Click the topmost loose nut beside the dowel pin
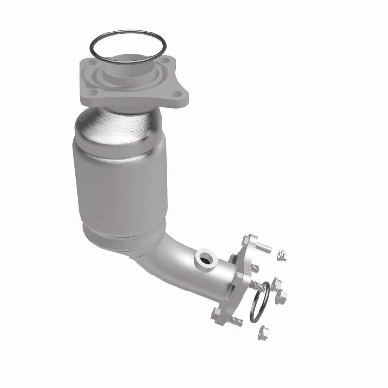pos(281,255)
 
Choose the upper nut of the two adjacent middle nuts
pos(276,284)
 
